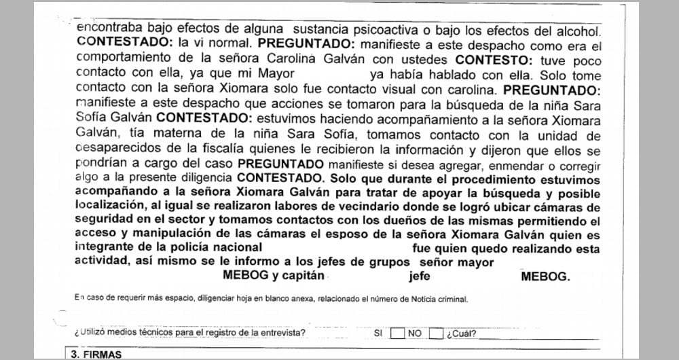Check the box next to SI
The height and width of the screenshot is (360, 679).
pyautogui.click(x=398, y=333)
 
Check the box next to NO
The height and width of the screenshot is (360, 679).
pyautogui.click(x=436, y=333)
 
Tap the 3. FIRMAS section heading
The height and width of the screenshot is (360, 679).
pyautogui.click(x=96, y=354)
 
